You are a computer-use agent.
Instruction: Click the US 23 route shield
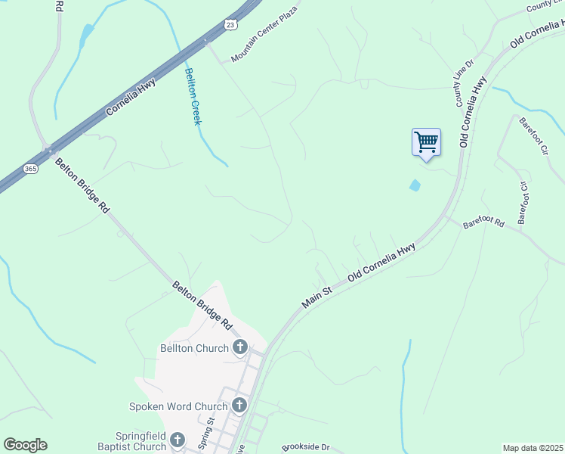(x=230, y=24)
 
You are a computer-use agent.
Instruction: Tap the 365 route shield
(x=29, y=168)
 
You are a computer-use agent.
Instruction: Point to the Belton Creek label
(x=193, y=97)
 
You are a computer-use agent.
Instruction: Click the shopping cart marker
(x=426, y=141)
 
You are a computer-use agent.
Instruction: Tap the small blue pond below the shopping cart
(x=414, y=185)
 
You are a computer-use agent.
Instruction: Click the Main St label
(x=317, y=296)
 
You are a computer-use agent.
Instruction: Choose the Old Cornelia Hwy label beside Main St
(x=382, y=264)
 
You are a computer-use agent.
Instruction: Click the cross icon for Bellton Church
(x=239, y=347)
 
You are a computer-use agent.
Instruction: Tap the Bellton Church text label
(x=194, y=348)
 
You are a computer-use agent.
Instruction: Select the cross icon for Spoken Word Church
(x=239, y=406)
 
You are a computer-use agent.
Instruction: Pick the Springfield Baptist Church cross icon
(x=178, y=440)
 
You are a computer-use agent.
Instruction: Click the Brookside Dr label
(x=306, y=447)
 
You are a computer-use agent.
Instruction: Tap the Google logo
(x=25, y=445)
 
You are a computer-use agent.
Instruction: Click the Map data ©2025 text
(x=533, y=448)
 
